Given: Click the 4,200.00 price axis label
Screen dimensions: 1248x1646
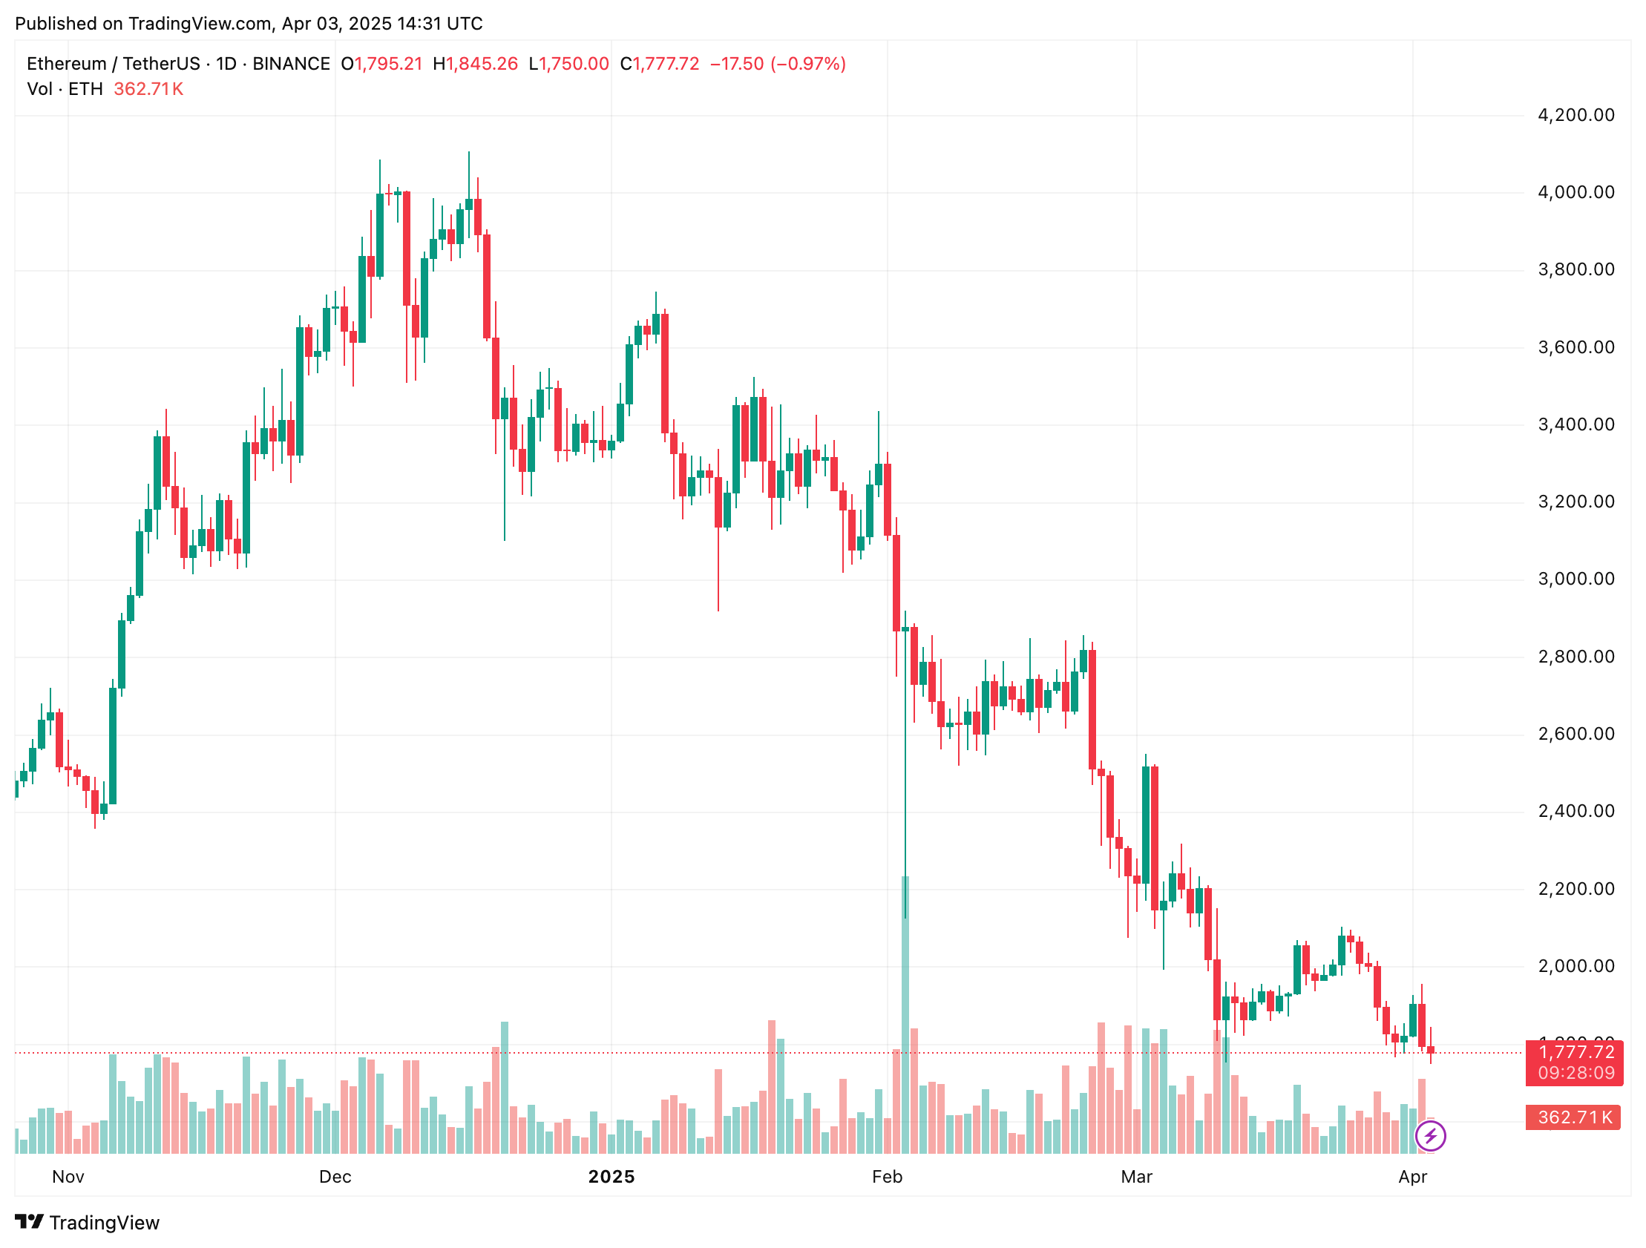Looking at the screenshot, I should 1575,115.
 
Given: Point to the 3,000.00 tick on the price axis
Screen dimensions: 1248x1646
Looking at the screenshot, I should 1575,579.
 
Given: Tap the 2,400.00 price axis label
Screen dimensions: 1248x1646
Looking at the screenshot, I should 1575,811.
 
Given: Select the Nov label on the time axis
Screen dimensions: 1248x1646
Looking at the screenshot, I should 68,1177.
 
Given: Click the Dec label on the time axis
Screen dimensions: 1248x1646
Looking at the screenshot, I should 335,1177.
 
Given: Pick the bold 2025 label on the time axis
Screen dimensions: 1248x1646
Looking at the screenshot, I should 611,1177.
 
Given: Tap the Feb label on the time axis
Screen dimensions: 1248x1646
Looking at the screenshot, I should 887,1177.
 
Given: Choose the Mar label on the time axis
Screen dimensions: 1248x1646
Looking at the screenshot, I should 1136,1177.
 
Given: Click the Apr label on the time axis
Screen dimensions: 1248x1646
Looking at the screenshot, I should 1412,1177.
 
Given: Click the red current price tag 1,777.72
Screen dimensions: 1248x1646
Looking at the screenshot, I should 1574,1062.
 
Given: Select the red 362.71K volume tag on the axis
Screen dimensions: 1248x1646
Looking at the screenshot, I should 1574,1117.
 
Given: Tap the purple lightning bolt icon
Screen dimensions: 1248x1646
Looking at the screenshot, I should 1430,1136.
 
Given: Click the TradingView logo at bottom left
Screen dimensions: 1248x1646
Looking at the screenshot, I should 87,1223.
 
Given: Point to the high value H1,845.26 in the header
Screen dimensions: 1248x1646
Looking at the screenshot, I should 476,64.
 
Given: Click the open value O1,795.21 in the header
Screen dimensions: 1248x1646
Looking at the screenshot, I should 381,64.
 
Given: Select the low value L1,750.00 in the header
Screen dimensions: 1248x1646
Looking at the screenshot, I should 568,64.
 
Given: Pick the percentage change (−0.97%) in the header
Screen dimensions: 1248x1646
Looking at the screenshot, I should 808,64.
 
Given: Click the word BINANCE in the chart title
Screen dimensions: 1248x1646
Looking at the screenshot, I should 291,64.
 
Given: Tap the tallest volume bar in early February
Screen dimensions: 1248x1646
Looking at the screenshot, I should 905,1016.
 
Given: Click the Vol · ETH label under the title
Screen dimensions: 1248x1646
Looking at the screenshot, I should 65,89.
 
